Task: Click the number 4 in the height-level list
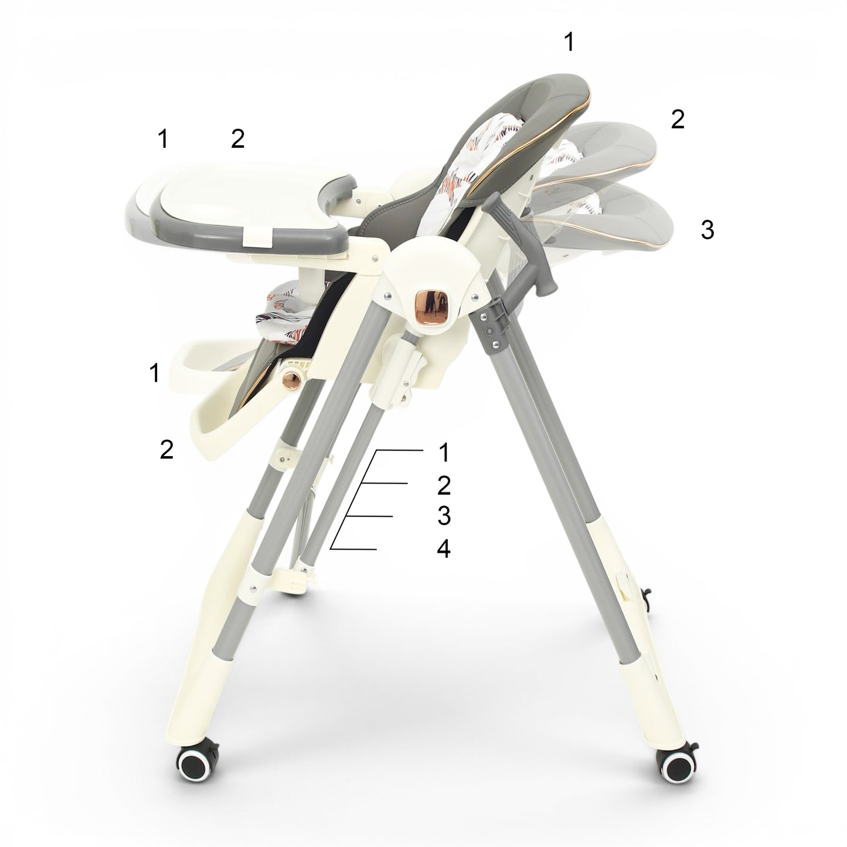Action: click(x=444, y=549)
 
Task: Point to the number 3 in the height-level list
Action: click(x=444, y=516)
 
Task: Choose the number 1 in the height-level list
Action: click(x=444, y=453)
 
